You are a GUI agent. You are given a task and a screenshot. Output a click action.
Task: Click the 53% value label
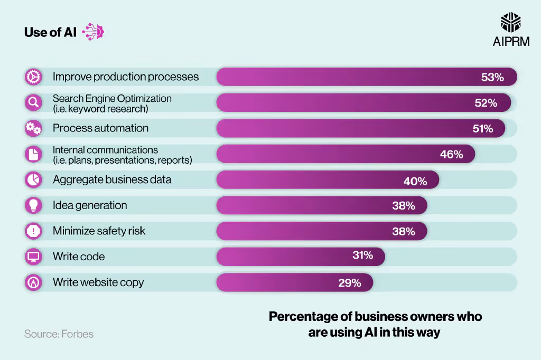[492, 77]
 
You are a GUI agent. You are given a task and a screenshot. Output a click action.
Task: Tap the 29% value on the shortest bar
[350, 283]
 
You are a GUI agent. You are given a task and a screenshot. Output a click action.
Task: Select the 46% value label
[451, 154]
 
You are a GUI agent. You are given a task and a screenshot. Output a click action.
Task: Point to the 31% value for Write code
[362, 255]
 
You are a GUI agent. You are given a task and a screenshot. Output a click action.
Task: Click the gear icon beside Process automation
[33, 128]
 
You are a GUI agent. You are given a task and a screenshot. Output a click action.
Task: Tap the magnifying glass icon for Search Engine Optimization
[33, 102]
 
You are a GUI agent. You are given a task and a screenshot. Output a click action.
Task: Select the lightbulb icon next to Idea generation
[33, 205]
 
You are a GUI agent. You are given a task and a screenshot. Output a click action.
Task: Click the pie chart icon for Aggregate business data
[33, 179]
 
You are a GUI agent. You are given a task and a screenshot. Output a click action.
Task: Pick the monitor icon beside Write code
[33, 257]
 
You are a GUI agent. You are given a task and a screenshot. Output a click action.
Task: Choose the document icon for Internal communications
[33, 154]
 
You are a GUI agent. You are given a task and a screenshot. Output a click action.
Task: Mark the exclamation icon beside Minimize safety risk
[33, 231]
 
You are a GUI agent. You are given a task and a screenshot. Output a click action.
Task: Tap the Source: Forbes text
[59, 334]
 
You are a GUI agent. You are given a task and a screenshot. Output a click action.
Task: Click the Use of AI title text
[50, 32]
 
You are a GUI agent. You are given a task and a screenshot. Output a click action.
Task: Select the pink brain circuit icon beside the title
[94, 32]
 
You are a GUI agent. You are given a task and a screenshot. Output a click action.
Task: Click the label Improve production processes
[126, 77]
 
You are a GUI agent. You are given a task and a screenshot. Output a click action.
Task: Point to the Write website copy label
[98, 282]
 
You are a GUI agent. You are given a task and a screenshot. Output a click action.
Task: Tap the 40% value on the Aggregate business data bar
[415, 181]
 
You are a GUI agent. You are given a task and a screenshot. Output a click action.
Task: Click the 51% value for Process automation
[482, 128]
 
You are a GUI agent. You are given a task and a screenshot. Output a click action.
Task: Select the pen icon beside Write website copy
[33, 282]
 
